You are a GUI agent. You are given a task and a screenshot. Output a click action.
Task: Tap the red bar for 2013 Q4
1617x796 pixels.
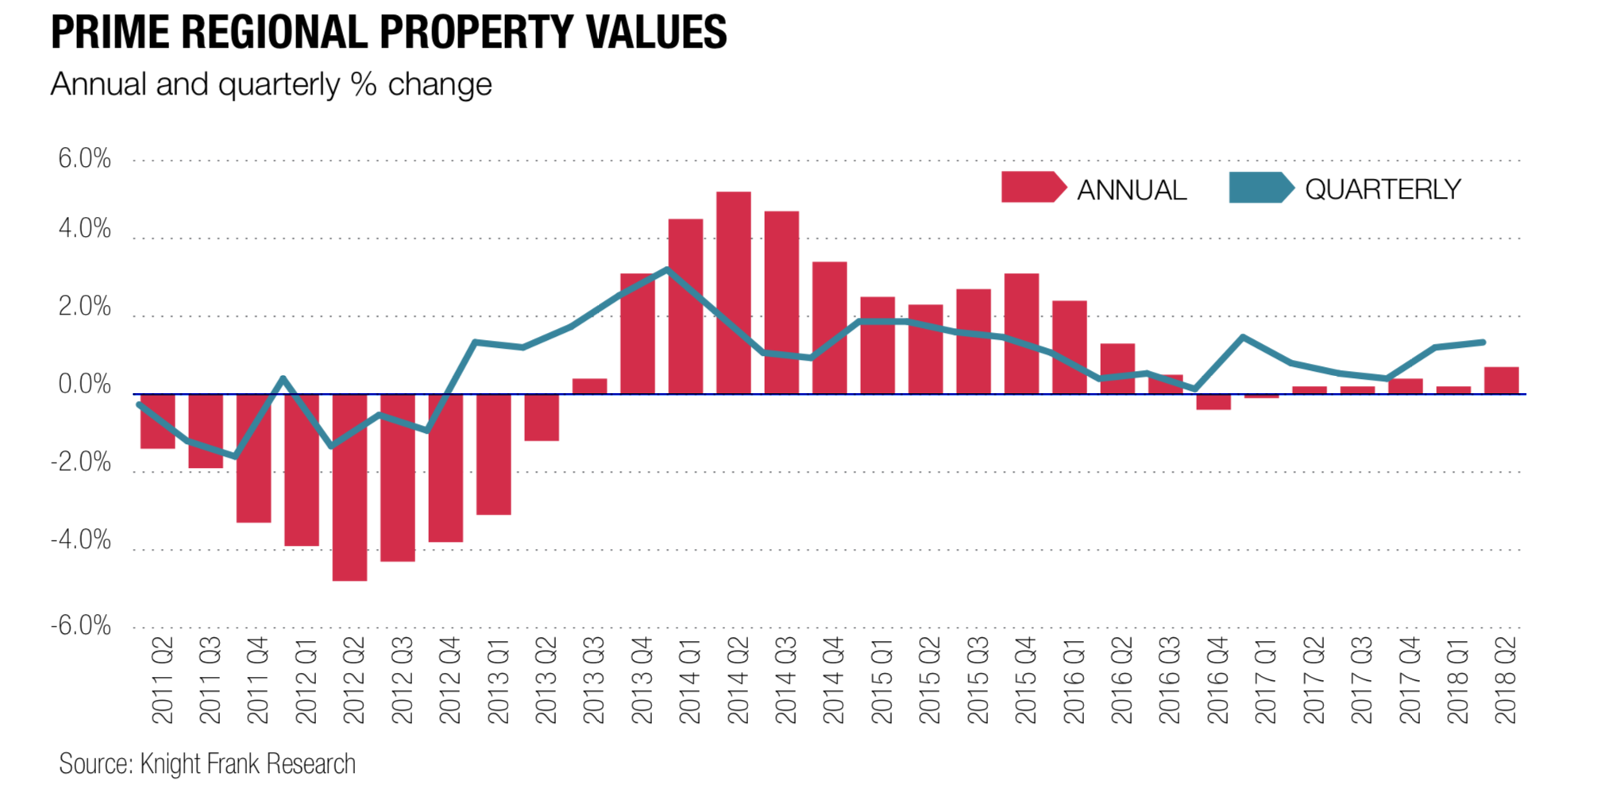(637, 334)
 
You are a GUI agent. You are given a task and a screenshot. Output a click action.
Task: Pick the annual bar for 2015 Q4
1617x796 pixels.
(1021, 334)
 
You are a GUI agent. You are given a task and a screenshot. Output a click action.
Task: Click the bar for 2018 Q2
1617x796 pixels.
(1501, 381)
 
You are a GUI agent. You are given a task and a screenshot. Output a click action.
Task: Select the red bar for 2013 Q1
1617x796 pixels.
(493, 454)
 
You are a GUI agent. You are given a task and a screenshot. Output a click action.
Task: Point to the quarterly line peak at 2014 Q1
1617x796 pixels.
(667, 270)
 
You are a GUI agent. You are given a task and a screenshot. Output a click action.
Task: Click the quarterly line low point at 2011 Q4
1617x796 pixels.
(235, 456)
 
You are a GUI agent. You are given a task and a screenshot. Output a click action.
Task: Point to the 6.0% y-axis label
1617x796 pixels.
(84, 159)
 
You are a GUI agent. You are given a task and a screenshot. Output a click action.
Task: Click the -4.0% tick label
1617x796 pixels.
(81, 540)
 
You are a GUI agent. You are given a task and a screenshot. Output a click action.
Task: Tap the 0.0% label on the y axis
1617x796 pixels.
(84, 385)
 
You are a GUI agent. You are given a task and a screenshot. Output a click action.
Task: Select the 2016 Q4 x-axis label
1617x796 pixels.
(1216, 680)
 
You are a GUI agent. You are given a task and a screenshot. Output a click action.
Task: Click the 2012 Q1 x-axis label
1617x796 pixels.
(306, 680)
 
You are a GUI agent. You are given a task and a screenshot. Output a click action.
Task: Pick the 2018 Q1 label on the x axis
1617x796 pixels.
(1457, 680)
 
